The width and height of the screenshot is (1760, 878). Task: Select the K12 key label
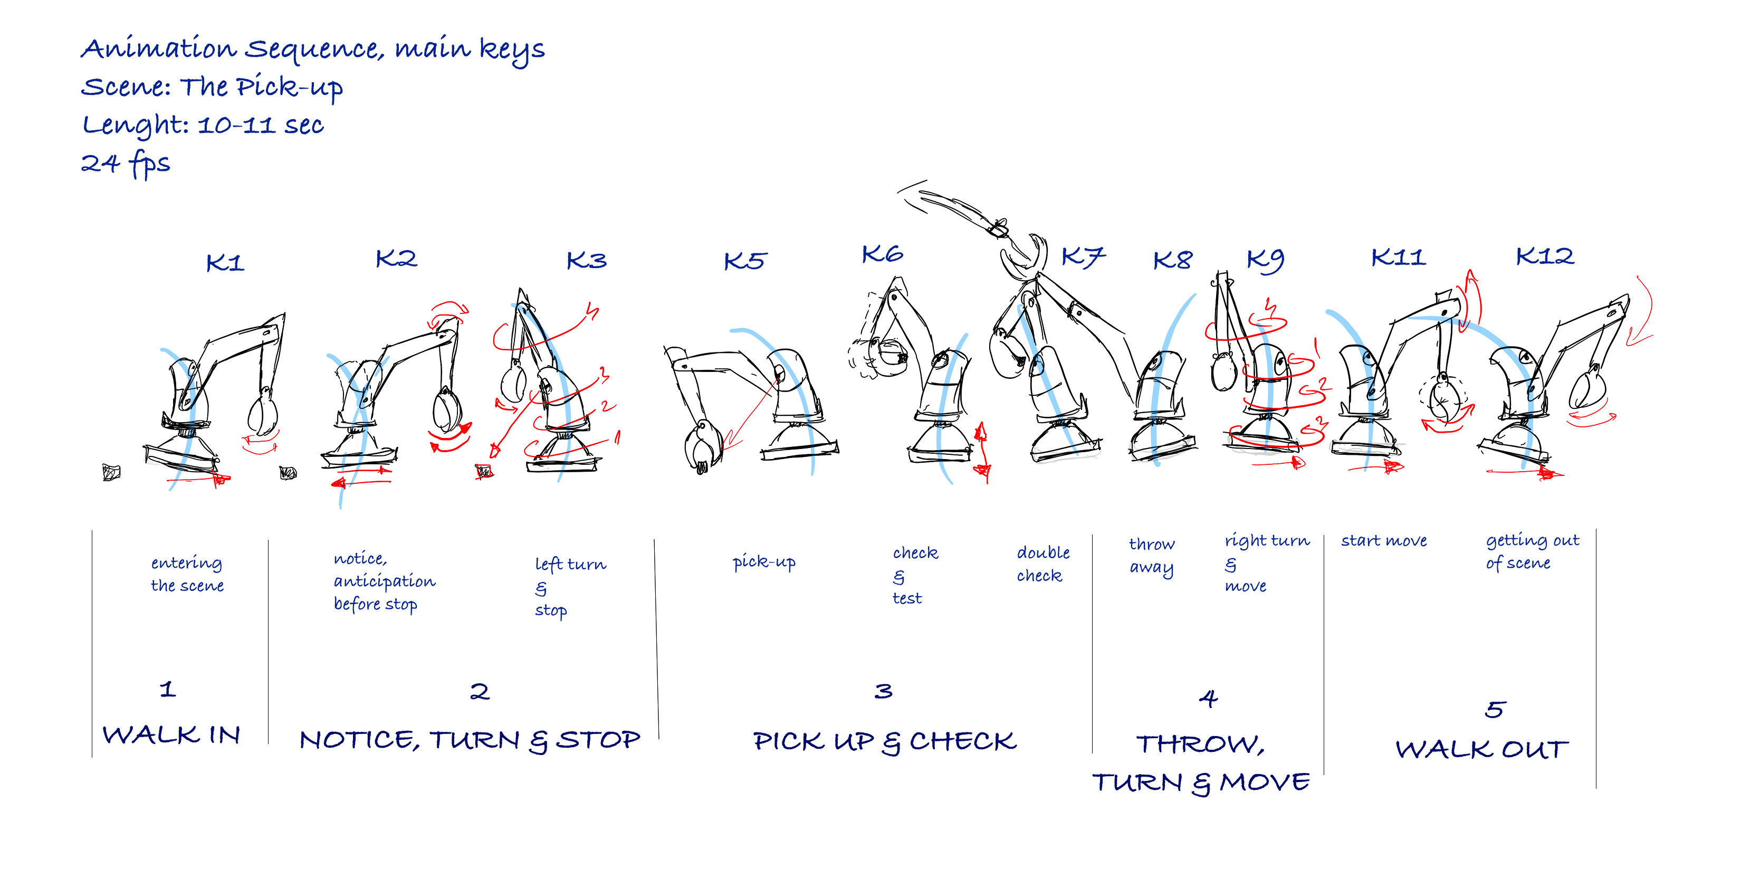coord(1544,256)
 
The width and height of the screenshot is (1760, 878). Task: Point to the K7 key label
coord(1083,257)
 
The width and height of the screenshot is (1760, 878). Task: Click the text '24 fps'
coord(126,164)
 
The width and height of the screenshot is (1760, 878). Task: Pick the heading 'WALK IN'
coord(171,735)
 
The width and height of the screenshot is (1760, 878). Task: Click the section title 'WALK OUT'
coord(1481,750)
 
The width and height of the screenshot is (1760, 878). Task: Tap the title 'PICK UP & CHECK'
coord(884,741)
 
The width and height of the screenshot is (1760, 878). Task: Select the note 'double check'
coord(1042,564)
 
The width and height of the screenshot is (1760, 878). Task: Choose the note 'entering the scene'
coord(187,574)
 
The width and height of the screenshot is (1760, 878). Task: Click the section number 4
coord(1208,698)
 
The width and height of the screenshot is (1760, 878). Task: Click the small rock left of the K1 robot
coord(111,472)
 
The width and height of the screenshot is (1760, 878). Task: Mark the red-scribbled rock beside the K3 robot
coord(484,471)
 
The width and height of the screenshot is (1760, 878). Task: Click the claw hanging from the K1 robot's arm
coord(262,413)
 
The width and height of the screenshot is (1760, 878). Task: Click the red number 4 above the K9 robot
coord(1270,308)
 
